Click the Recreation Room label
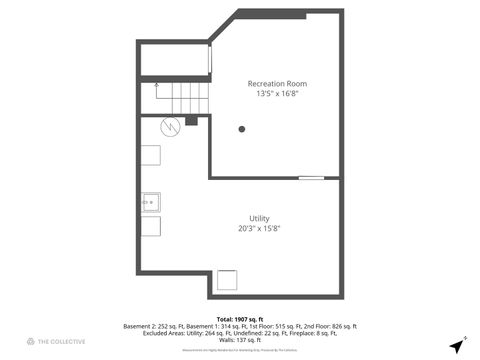277,83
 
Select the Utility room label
259,219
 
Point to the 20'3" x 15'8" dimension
259,229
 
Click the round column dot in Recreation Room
241,129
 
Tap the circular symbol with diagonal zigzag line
170,126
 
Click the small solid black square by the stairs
192,120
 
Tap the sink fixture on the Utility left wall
151,204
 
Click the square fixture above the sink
151,155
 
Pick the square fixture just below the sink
151,226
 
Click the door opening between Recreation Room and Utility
311,178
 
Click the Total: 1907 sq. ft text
239,319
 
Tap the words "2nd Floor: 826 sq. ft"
329,327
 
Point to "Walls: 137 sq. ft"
239,341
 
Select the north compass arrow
457,346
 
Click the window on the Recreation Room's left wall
210,59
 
